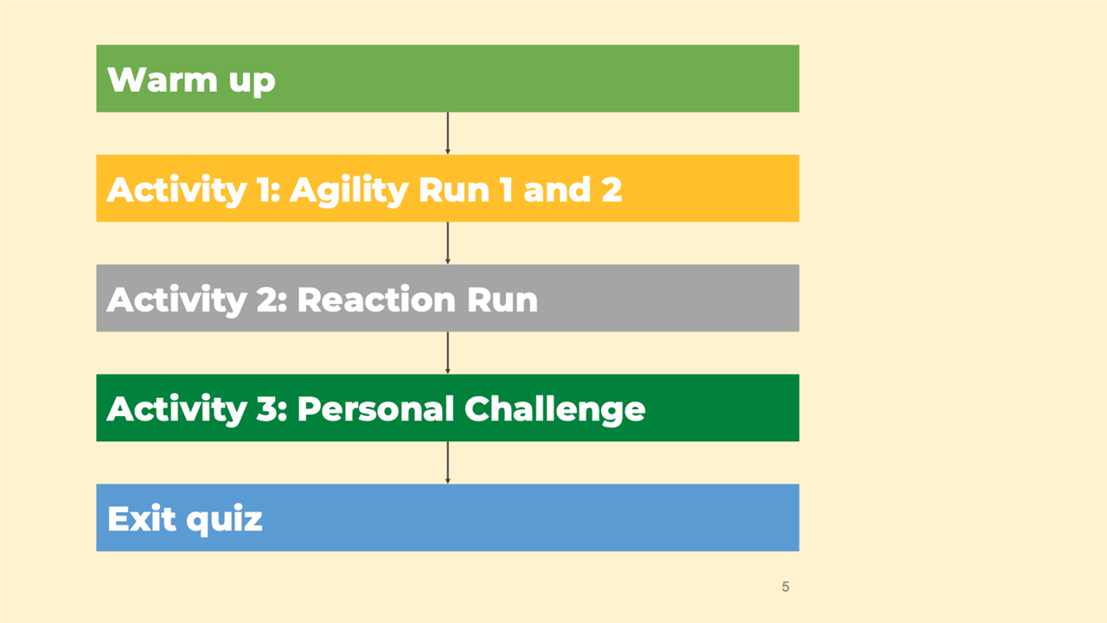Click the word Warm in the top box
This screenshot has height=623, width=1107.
[162, 80]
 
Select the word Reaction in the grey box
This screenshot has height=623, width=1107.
[376, 299]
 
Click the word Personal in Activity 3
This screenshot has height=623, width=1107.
[375, 409]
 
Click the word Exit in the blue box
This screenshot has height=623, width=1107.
[142, 518]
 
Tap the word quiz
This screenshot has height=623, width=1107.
[224, 521]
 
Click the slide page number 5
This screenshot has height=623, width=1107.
[785, 587]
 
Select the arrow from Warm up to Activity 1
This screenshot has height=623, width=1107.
[448, 133]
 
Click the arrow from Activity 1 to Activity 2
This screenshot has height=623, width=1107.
[448, 243]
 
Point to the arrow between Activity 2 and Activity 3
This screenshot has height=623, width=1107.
[448, 353]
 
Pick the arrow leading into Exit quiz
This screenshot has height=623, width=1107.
[448, 463]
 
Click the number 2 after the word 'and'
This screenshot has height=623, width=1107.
[611, 189]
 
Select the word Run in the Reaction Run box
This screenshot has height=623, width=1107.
[502, 299]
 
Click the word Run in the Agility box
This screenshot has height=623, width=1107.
[454, 189]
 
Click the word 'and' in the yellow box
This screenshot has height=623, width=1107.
[557, 189]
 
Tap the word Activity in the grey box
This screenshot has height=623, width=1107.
[177, 300]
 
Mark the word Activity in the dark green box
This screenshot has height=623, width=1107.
[177, 410]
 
